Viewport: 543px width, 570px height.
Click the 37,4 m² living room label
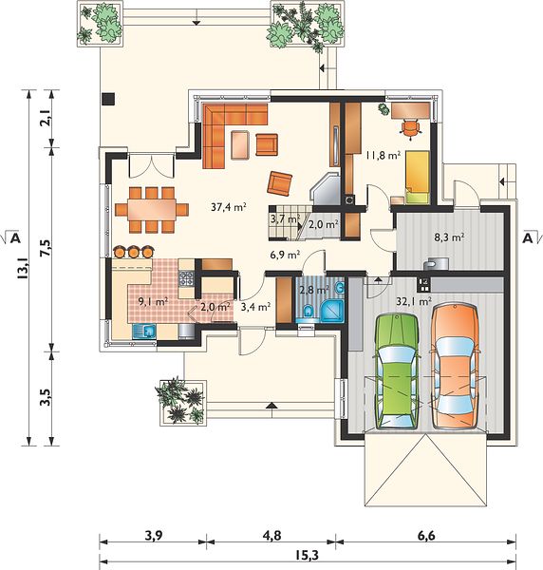click(229, 207)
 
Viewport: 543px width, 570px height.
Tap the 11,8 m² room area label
click(384, 156)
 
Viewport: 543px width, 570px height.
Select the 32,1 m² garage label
click(414, 301)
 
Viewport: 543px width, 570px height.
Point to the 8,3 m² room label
click(449, 237)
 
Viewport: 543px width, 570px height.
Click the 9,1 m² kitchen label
click(153, 301)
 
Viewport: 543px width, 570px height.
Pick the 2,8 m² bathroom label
click(314, 290)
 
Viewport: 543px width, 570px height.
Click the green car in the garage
click(397, 371)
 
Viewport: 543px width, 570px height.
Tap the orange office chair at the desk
click(409, 129)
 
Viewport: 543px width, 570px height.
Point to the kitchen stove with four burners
click(186, 278)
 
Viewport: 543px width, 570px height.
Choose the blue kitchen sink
click(144, 332)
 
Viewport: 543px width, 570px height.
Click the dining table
click(152, 210)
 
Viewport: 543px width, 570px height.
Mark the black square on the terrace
click(108, 99)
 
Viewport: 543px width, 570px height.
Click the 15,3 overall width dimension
click(308, 555)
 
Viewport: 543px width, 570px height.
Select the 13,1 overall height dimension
click(23, 267)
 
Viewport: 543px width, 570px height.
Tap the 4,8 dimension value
click(273, 536)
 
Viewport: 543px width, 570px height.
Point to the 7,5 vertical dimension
click(47, 248)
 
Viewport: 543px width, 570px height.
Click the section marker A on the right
click(528, 238)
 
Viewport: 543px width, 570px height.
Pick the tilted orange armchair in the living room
click(280, 183)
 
